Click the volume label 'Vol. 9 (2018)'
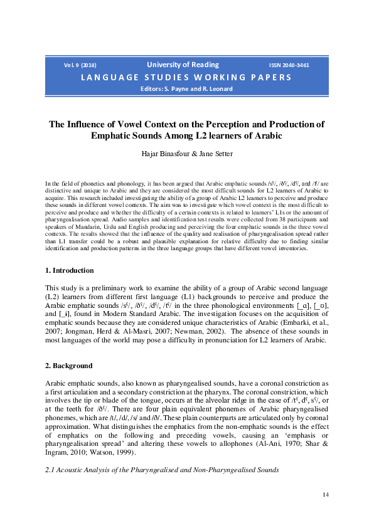click(80, 65)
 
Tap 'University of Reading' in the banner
click(183, 65)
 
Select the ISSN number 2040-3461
click(289, 65)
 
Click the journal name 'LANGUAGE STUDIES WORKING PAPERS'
click(186, 77)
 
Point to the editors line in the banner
click(186, 88)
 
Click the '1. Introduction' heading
click(70, 288)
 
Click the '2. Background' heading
click(68, 366)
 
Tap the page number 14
click(325, 495)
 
